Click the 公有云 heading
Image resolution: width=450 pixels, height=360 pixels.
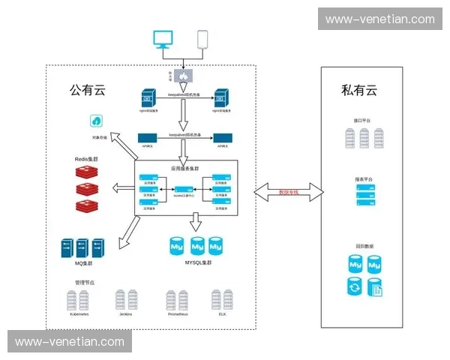tap(88, 91)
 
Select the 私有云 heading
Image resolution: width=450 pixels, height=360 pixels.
tap(359, 91)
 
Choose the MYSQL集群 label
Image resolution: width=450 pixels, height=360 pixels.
tap(197, 262)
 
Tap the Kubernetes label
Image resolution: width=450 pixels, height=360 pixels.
tap(79, 313)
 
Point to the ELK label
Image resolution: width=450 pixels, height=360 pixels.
tap(222, 313)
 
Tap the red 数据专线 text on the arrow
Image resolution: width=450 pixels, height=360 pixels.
tap(289, 193)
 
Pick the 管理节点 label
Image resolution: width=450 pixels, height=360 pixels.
tap(84, 282)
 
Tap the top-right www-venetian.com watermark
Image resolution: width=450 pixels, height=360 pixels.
tap(380, 19)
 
